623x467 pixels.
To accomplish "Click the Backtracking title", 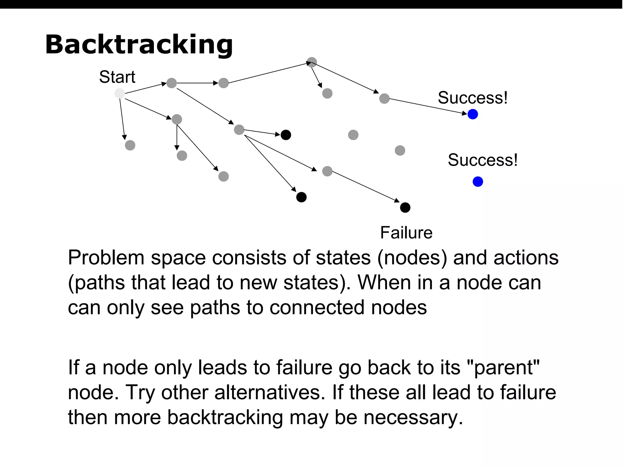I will click(x=139, y=45).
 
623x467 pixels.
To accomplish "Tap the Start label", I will click(x=117, y=77).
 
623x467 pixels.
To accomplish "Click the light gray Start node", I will click(x=120, y=93).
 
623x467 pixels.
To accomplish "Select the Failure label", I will click(x=406, y=233).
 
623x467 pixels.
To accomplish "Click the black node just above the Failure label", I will click(x=405, y=208).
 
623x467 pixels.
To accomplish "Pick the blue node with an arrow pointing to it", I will click(x=472, y=114).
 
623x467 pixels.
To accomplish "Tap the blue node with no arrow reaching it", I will click(x=478, y=182).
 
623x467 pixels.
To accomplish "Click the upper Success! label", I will click(x=472, y=98).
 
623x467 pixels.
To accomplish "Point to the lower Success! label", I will click(x=482, y=160).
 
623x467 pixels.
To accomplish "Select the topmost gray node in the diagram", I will click(x=312, y=62).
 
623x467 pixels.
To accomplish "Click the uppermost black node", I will click(x=286, y=135).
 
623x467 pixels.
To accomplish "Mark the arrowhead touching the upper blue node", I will click(x=464, y=113).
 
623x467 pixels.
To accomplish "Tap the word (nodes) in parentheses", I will click(x=412, y=258).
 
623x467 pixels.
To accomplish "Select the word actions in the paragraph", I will click(x=526, y=258).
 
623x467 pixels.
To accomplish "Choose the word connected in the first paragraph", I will click(x=317, y=307).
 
